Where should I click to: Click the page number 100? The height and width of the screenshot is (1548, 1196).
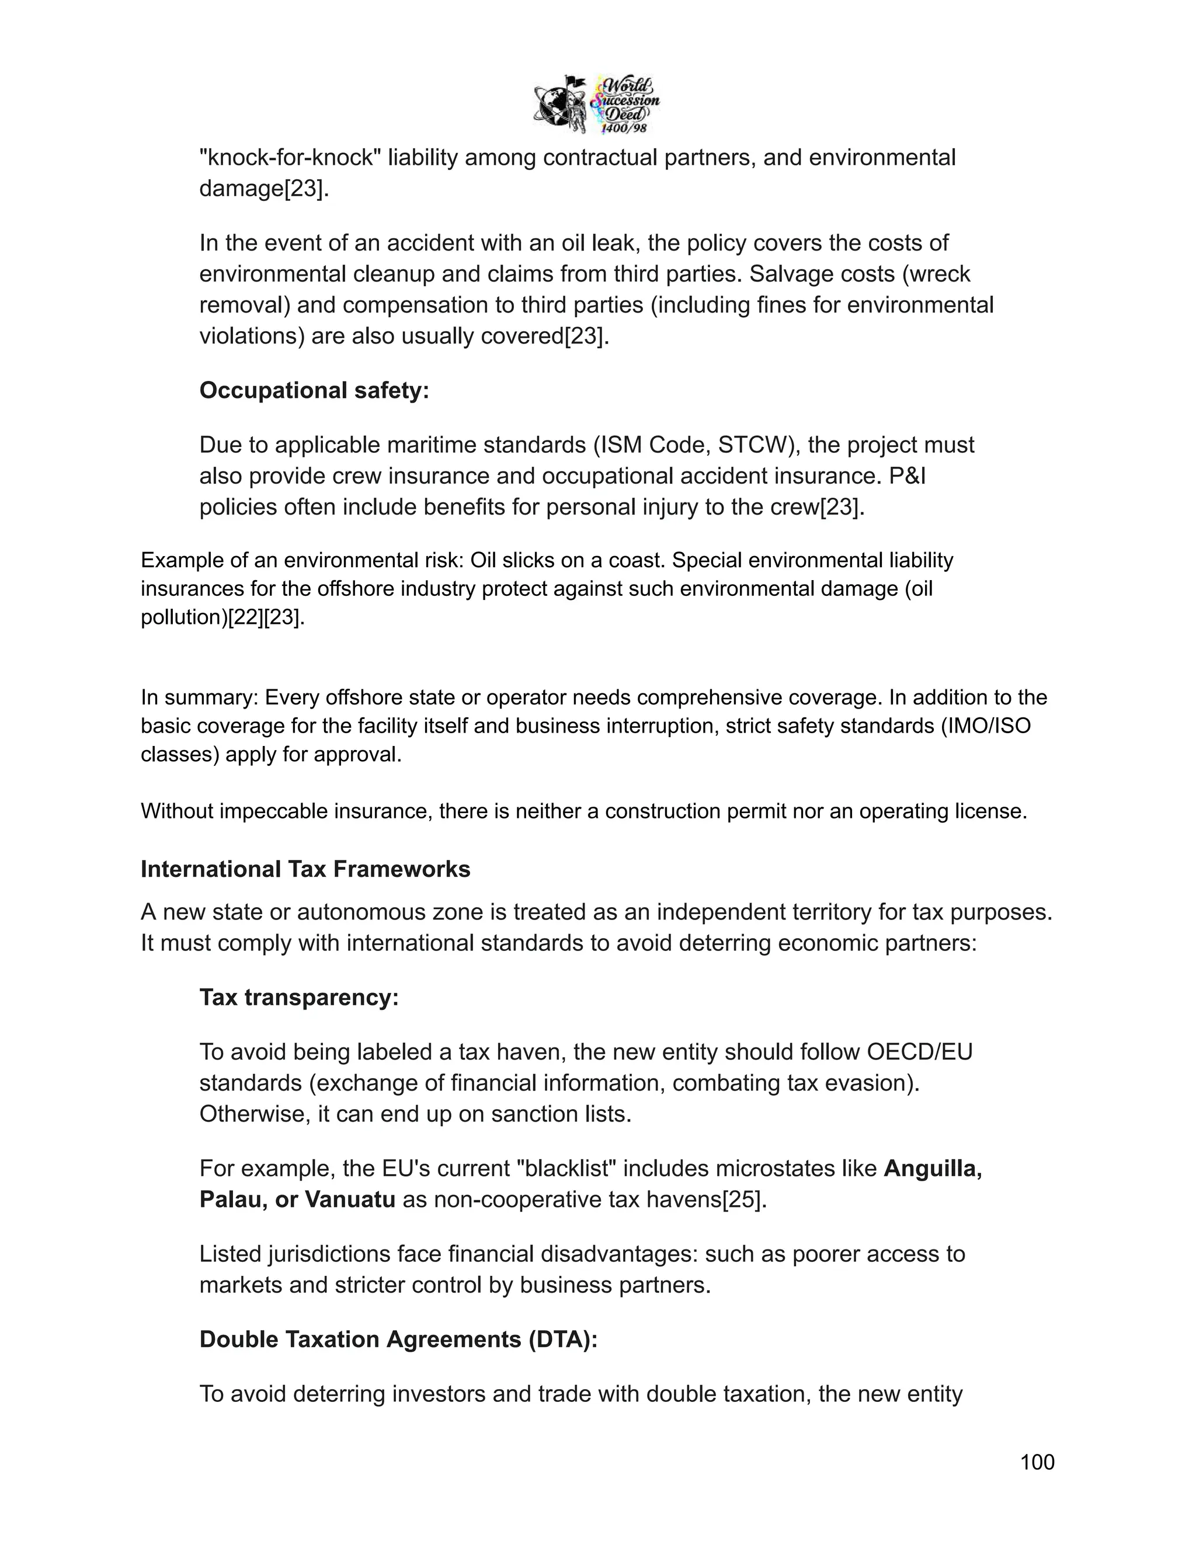tap(1037, 1462)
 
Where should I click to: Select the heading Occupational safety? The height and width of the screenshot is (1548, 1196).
tap(314, 391)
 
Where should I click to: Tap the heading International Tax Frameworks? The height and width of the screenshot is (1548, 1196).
tap(305, 869)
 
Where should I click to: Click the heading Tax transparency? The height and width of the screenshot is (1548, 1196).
tap(299, 997)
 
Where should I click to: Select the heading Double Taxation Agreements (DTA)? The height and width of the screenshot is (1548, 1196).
tap(398, 1339)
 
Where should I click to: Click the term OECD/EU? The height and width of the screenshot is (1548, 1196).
tap(920, 1052)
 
